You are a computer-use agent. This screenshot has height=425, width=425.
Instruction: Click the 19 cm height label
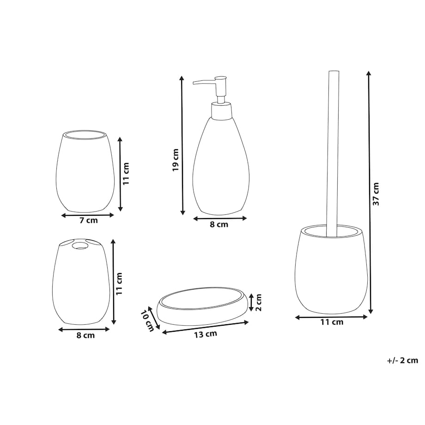176,160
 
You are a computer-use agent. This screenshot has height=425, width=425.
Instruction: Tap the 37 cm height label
376,194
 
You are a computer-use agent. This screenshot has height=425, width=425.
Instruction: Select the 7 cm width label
88,220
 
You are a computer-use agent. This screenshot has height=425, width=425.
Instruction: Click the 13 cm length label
206,334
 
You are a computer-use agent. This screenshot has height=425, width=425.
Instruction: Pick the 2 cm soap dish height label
259,303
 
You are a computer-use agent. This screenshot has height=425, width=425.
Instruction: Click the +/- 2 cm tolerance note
402,360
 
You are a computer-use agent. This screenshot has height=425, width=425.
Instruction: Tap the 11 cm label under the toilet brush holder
332,322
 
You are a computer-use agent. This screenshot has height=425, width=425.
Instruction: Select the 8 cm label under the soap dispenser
219,225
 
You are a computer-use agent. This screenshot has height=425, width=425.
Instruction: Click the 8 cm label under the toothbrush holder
85,335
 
